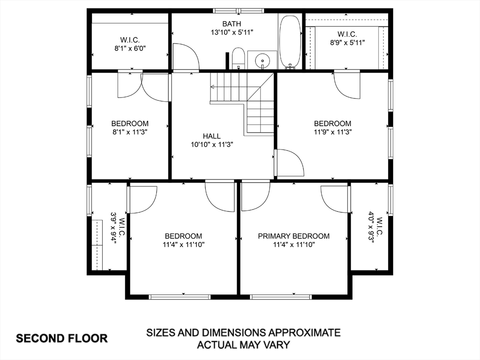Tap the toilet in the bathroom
pos(238,58)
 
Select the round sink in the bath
pos(262,60)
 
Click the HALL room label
pos(212,136)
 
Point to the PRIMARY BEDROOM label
pos(294,236)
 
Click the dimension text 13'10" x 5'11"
pos(232,32)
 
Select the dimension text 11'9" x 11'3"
pos(333,132)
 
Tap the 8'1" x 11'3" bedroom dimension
pos(130,132)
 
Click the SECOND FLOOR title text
pos(62,338)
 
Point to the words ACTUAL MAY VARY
pos(243,345)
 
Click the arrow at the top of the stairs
pos(213,87)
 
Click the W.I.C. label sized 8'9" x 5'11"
pos(347,34)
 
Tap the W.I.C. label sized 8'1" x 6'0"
pos(130,39)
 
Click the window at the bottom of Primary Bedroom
pos(281,297)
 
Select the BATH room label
pos(232,24)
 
